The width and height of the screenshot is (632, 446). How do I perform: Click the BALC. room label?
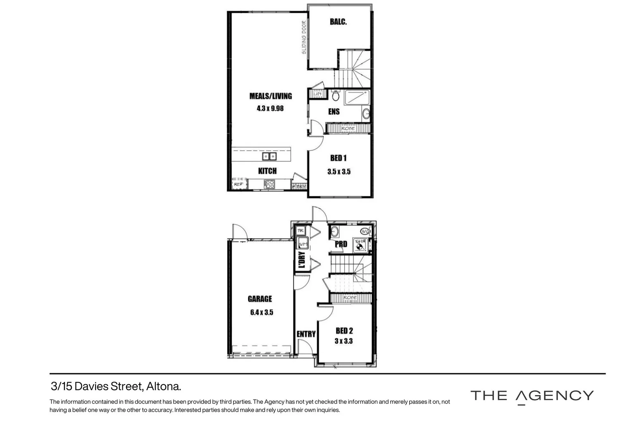point(338,22)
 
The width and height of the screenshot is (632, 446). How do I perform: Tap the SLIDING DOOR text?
point(304,38)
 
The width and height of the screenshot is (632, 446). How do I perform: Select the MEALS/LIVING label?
point(270,96)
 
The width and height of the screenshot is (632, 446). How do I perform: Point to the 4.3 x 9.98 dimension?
point(270,109)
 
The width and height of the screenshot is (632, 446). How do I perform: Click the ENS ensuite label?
point(334,111)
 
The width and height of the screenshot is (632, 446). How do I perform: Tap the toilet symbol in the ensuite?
point(336,96)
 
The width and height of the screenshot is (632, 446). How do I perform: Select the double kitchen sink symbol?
point(269,157)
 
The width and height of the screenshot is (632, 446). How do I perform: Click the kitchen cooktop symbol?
point(269,184)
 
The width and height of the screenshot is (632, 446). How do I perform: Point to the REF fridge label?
point(238,185)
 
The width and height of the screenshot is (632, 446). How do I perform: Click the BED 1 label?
point(338,158)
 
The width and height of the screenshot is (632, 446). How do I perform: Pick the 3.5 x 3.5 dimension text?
point(339,171)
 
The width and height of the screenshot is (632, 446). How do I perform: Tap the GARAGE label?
point(260,299)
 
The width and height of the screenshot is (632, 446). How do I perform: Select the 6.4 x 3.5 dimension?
point(262,313)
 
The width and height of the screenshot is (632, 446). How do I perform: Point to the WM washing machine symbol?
point(303,244)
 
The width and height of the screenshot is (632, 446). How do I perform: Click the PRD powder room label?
point(341,244)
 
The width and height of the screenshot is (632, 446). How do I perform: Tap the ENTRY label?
point(306,334)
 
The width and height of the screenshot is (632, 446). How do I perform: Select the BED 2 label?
point(344,331)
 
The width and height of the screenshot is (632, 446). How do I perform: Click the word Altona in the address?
point(164,387)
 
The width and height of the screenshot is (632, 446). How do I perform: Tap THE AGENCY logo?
point(532,396)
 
